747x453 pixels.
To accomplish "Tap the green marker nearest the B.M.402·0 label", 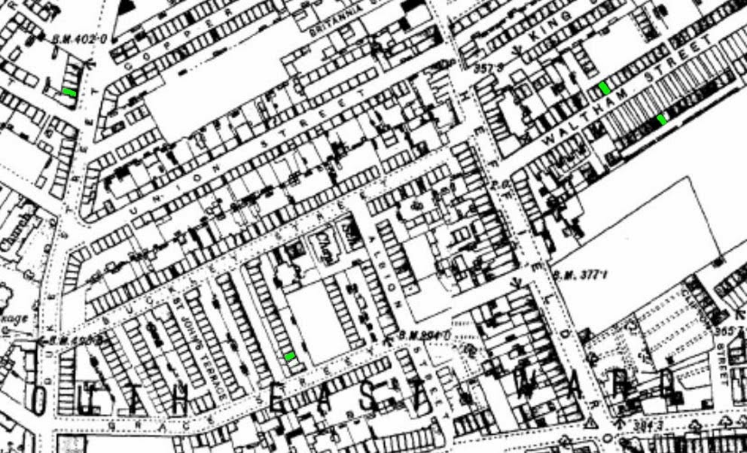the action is pos(69,93).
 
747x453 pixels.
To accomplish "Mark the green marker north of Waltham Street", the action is pos(605,88).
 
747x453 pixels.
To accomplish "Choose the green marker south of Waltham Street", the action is pos(662,119).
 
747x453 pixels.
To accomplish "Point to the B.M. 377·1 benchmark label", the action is pos(580,275).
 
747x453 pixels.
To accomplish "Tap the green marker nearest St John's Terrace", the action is pos(290,356).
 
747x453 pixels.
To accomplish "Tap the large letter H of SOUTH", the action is pos(180,398).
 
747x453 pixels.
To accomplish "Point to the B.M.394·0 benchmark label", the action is pos(426,333).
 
